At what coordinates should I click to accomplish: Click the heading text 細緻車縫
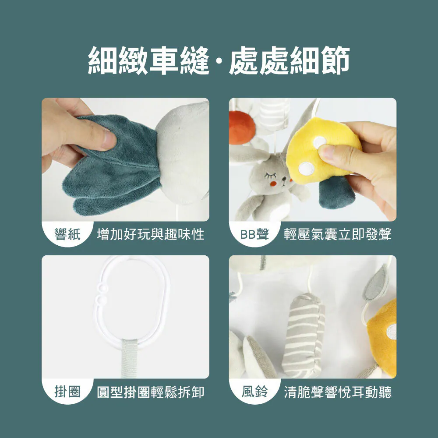148,60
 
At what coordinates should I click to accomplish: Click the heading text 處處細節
290,60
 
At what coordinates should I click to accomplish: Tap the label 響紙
67,234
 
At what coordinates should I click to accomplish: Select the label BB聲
254,234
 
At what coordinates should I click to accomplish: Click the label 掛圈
67,392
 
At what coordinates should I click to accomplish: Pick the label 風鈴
254,392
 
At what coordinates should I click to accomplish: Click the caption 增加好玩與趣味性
151,234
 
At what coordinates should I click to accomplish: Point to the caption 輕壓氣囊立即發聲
338,234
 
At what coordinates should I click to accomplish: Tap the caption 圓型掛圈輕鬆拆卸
151,392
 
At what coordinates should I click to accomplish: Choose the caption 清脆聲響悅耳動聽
338,392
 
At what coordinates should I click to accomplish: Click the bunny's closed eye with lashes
270,176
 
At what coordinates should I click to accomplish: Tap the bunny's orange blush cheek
273,184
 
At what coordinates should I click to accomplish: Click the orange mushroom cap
241,127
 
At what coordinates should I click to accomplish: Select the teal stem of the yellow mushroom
337,192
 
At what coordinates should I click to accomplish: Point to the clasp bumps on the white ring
100,294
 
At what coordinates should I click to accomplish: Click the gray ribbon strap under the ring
129,359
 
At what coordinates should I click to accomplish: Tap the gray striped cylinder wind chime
304,335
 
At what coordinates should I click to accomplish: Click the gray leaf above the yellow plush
376,283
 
